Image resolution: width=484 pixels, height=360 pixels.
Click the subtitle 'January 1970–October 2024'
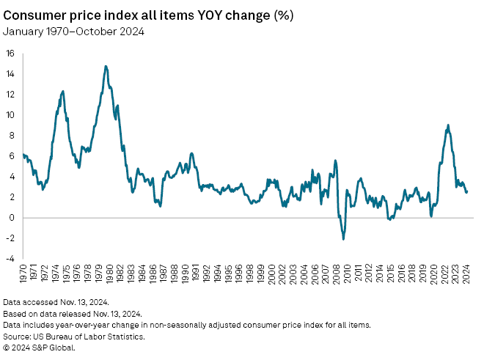73,31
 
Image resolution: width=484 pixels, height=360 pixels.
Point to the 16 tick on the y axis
10,53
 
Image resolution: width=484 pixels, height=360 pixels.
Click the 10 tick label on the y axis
10,114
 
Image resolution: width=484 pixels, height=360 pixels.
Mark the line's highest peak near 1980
106,66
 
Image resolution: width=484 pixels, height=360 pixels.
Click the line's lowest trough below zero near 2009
343,239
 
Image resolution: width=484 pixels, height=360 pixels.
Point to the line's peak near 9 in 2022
448,125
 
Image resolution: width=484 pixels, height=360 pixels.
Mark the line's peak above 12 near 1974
63,91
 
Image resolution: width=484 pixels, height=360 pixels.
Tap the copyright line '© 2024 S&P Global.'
40,348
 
